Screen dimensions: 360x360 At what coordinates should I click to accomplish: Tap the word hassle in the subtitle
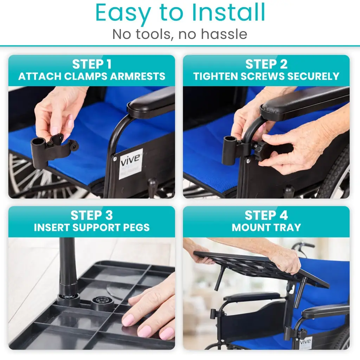point(224,34)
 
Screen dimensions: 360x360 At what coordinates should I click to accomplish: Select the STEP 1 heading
point(92,64)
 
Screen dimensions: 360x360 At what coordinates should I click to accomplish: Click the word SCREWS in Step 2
point(262,76)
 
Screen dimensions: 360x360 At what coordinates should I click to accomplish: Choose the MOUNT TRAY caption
point(266,227)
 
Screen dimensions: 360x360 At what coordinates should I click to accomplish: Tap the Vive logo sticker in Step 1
point(130,163)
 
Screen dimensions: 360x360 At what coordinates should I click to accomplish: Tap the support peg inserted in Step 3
point(67,271)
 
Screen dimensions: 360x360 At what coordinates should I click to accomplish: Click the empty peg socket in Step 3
point(102,303)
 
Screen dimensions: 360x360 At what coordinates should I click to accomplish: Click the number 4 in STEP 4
point(283,215)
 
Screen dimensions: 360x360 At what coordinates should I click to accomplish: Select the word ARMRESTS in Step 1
point(137,76)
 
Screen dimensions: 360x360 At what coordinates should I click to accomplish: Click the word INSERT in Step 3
point(52,227)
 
